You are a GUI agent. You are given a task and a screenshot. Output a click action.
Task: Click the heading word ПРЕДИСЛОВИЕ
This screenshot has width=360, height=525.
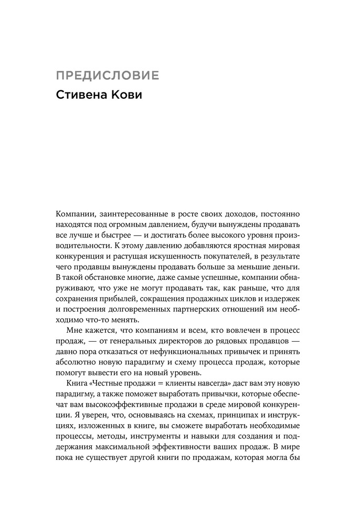108,75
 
